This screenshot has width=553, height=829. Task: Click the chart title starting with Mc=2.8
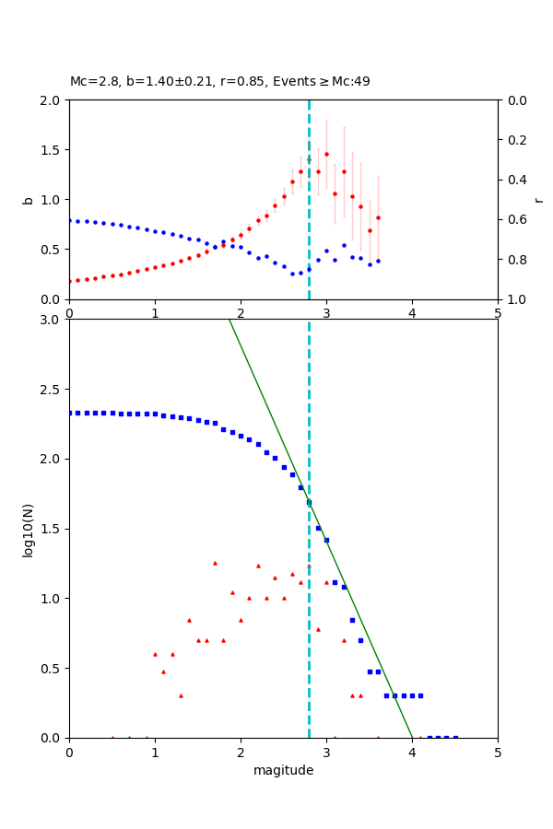[x=219, y=81]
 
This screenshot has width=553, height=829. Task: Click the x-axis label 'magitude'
[x=283, y=770]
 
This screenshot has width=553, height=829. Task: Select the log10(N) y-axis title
[x=29, y=529]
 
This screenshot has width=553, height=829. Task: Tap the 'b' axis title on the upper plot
[x=29, y=200]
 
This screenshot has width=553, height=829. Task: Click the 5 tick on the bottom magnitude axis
[x=498, y=752]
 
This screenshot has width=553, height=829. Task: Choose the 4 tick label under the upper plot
[x=412, y=313]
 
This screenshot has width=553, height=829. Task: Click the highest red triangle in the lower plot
[x=215, y=563]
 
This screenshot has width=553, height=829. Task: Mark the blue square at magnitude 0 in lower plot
[x=70, y=413]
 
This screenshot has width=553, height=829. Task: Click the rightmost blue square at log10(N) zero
[x=455, y=738]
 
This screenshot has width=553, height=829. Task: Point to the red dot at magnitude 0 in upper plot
[x=70, y=281]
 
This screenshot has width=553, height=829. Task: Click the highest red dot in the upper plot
[x=326, y=154]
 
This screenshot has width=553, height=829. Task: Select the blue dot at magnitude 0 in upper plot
[x=70, y=220]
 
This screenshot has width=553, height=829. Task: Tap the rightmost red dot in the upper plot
[x=378, y=217]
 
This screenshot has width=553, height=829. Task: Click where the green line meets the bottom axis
[x=412, y=738]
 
